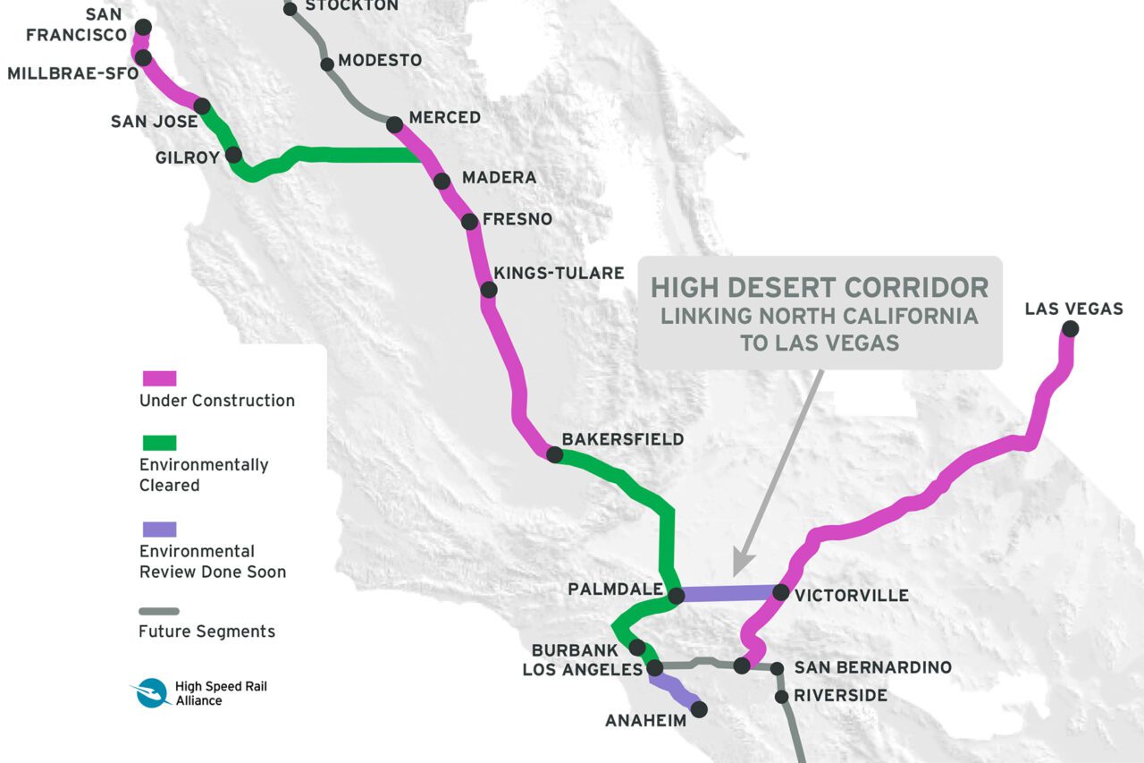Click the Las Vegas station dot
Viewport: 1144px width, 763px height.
1070,329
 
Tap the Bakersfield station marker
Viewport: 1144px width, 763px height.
554,454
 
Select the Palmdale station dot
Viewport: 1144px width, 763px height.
677,595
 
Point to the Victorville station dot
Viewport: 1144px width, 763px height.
780,592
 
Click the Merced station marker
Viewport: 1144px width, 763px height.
394,124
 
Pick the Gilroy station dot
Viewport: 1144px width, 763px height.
233,155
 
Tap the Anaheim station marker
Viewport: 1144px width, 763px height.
699,708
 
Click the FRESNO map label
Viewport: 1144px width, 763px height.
517,219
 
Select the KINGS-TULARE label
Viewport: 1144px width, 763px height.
559,273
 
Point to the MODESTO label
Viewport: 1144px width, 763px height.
380,61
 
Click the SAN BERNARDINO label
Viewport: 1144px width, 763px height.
872,667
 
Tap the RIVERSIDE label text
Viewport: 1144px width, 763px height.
840,695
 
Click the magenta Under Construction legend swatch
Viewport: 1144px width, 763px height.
159,378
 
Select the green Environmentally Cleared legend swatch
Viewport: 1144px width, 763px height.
159,443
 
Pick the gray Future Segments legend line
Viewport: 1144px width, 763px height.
159,612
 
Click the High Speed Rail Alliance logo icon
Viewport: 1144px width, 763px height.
151,693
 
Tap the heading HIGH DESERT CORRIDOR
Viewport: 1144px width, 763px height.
820,287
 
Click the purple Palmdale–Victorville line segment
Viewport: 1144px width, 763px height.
728,593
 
